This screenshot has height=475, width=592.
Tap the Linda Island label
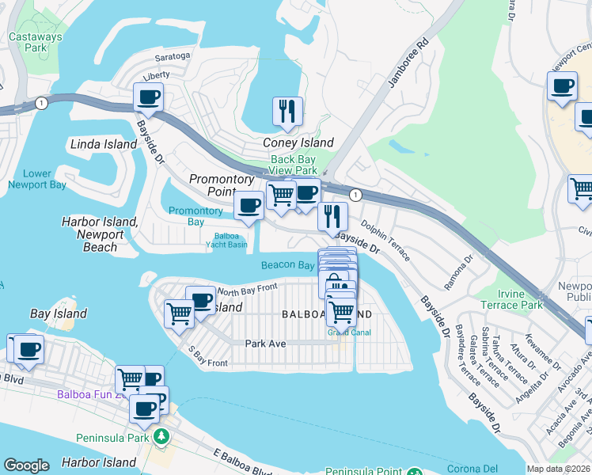click(x=104, y=144)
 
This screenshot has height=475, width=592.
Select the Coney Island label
click(x=298, y=143)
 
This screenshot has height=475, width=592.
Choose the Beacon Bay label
click(x=288, y=266)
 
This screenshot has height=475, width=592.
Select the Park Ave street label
click(x=264, y=344)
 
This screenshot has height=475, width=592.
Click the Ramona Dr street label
click(x=457, y=272)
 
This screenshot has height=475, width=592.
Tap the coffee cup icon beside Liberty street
click(x=148, y=97)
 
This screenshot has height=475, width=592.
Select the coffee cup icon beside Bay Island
click(x=28, y=349)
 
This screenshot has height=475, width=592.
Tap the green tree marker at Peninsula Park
click(x=161, y=436)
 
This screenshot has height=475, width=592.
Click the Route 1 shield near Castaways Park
click(x=40, y=103)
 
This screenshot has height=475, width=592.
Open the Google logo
click(x=26, y=465)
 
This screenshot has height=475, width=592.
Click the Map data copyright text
click(x=557, y=469)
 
